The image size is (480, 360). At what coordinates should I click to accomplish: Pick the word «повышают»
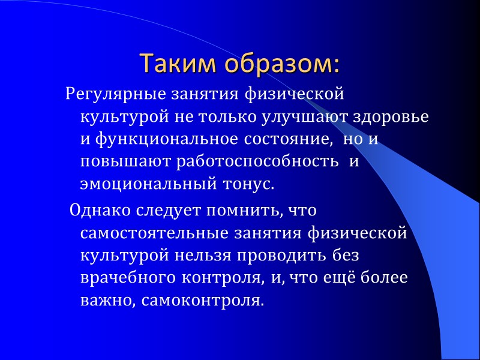[x=125, y=161]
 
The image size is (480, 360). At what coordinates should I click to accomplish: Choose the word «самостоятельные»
[x=154, y=233]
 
